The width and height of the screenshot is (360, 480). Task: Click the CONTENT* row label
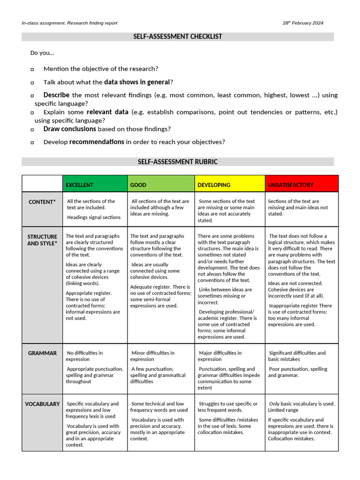42,202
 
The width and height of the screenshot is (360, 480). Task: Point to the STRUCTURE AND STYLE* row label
42,240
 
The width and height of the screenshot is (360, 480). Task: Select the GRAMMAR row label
42,353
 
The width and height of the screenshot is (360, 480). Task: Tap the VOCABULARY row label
42,404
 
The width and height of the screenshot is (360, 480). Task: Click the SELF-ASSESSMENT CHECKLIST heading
178,37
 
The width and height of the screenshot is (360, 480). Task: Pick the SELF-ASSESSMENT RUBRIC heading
178,162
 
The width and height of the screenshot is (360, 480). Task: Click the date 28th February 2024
303,23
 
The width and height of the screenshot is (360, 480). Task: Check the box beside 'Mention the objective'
32,69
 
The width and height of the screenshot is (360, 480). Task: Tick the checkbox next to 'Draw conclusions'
32,129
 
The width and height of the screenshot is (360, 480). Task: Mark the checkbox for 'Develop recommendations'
32,142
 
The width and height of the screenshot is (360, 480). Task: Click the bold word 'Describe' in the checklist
56,95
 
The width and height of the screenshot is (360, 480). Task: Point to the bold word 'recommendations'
97,142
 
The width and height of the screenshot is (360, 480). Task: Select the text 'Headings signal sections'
94,217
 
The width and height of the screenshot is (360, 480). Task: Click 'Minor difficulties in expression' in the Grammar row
153,356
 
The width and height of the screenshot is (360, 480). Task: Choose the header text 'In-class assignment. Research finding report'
69,23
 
